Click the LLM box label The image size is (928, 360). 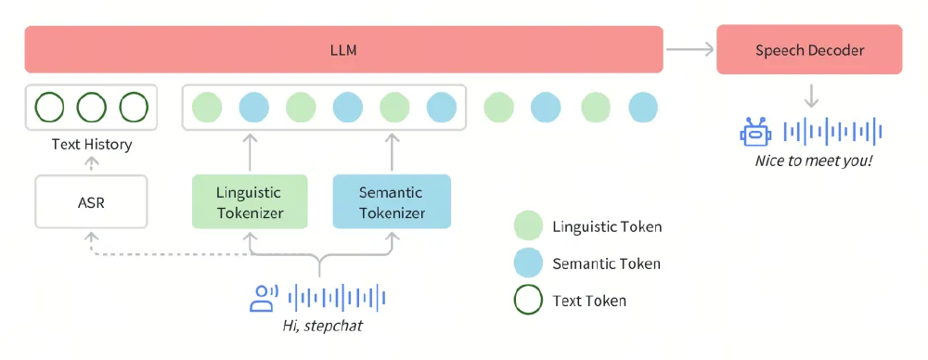tap(343, 50)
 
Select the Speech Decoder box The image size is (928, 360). tap(809, 50)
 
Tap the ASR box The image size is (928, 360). tap(91, 201)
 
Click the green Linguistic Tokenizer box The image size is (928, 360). tap(249, 202)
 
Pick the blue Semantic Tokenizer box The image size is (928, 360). tap(391, 202)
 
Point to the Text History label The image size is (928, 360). tap(91, 144)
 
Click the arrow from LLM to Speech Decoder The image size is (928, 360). tap(689, 50)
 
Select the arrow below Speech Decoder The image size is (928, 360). tap(810, 95)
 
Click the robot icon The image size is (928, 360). tap(755, 132)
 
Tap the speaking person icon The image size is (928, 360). tap(264, 298)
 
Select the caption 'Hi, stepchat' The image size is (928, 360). tap(320, 326)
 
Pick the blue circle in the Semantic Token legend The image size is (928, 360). tap(527, 264)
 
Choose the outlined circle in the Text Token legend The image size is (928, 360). tap(527, 301)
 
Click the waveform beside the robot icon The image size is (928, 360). tap(832, 132)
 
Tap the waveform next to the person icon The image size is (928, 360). tap(336, 298)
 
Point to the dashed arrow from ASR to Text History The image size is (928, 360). tap(91, 163)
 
